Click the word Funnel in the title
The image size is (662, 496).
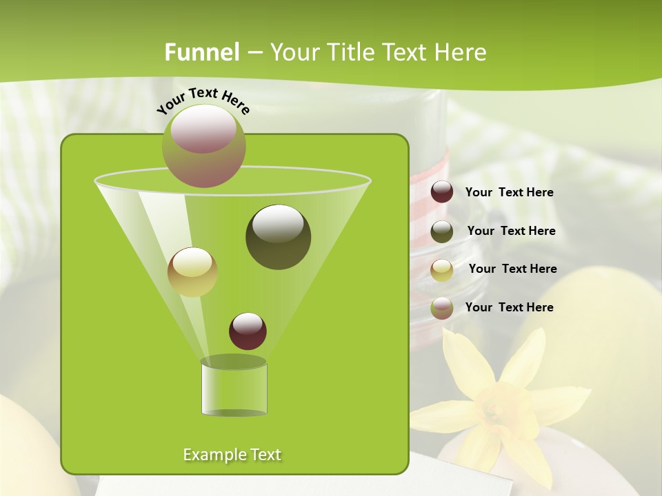(202, 52)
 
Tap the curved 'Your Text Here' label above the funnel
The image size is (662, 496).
(203, 101)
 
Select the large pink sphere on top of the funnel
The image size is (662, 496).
(204, 145)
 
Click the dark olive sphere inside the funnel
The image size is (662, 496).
(278, 236)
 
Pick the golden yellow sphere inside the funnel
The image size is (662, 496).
(192, 271)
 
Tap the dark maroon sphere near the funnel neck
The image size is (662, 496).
(248, 331)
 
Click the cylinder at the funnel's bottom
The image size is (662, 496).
(234, 387)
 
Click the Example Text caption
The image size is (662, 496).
(232, 455)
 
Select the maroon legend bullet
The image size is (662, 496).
(442, 192)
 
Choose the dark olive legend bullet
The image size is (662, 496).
(442, 231)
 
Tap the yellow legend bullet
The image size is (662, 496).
(442, 269)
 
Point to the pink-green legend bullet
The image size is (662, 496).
(442, 308)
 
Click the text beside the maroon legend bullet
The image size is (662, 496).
(509, 193)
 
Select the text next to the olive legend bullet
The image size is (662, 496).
(511, 231)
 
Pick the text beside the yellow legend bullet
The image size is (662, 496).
(512, 269)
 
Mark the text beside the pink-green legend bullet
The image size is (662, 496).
(509, 307)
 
